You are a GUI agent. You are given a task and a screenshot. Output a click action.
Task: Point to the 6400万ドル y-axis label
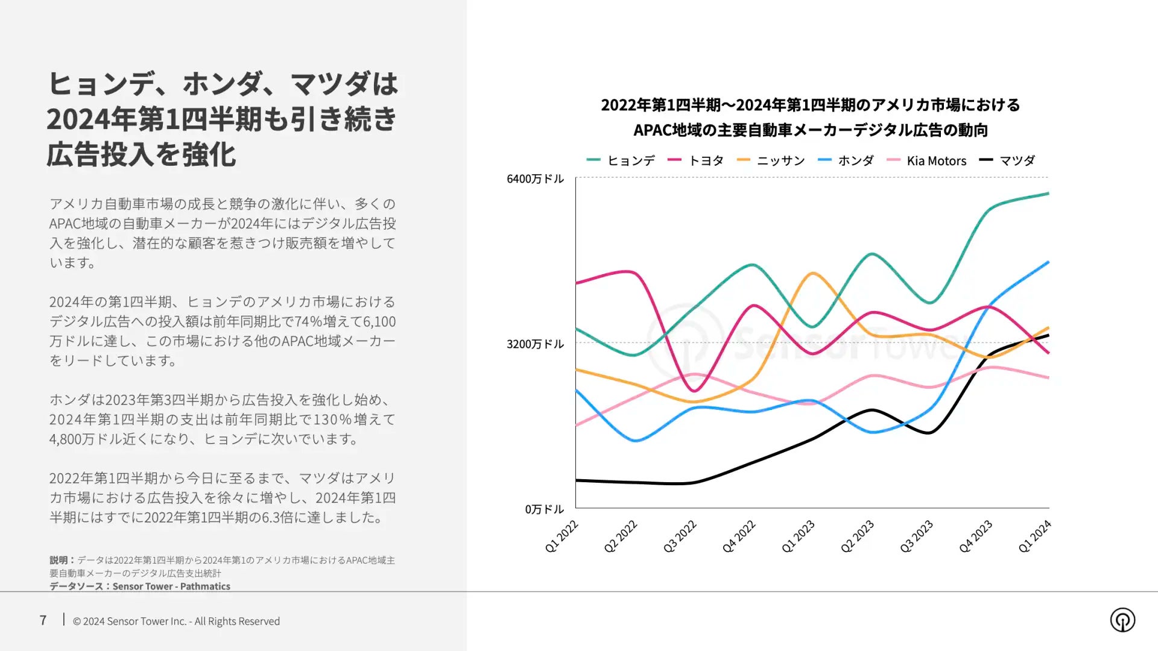coord(535,178)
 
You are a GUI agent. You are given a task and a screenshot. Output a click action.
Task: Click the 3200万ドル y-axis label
coord(535,344)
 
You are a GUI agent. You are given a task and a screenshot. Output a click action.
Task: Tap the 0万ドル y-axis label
coord(544,509)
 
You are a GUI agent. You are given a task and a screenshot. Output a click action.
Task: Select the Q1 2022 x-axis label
coord(562,536)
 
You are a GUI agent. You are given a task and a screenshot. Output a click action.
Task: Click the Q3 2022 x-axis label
coord(680,536)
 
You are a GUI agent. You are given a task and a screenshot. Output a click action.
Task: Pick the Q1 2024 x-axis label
coord(1034,536)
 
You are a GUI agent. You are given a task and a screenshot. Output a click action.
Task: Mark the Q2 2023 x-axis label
coord(857,536)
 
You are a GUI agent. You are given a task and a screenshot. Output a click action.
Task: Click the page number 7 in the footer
coord(43,620)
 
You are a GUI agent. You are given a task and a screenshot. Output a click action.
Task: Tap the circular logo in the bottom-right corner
coord(1122,620)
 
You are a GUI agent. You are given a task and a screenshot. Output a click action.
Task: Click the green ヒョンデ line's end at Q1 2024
coord(1048,193)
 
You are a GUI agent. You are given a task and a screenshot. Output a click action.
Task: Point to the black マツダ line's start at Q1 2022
coord(577,480)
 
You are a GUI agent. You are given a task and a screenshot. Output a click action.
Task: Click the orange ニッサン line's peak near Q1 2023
coord(814,274)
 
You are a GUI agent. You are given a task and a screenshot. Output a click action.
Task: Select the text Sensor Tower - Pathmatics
coord(171,586)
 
